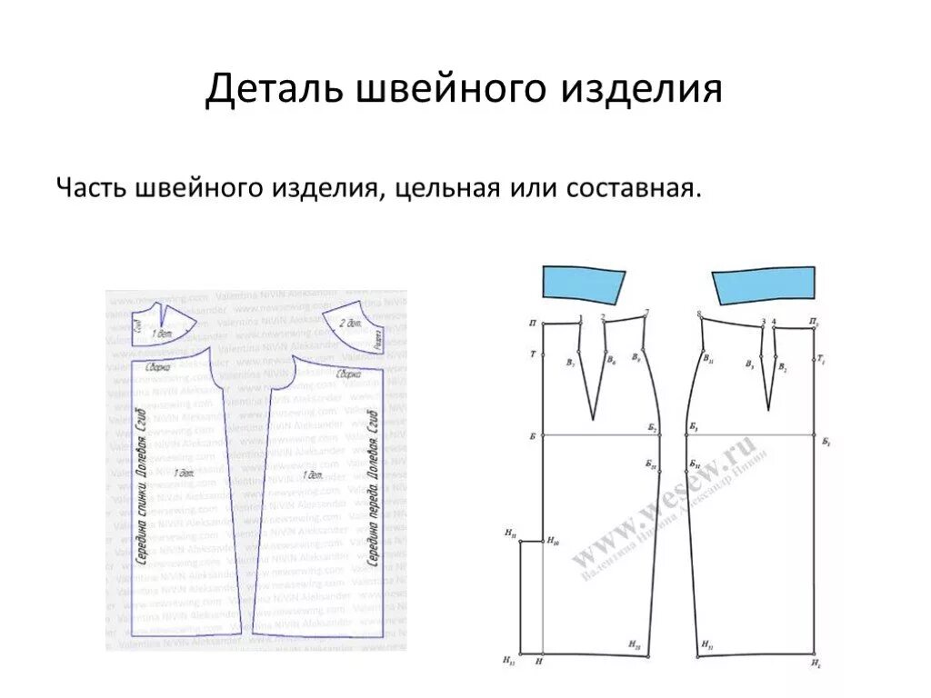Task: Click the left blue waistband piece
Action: tap(583, 284)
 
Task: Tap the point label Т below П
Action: tap(532, 354)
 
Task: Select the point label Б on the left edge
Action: tap(532, 436)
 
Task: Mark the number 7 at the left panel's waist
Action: tap(646, 313)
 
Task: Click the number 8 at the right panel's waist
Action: tap(698, 314)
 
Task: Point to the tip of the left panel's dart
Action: tap(593, 418)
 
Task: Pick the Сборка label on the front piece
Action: tap(349, 374)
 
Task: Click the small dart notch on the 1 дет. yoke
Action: tap(163, 314)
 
